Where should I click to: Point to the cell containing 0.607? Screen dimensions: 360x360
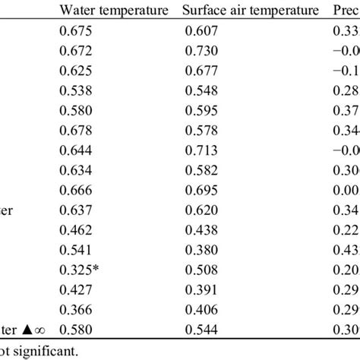pos(201,31)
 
